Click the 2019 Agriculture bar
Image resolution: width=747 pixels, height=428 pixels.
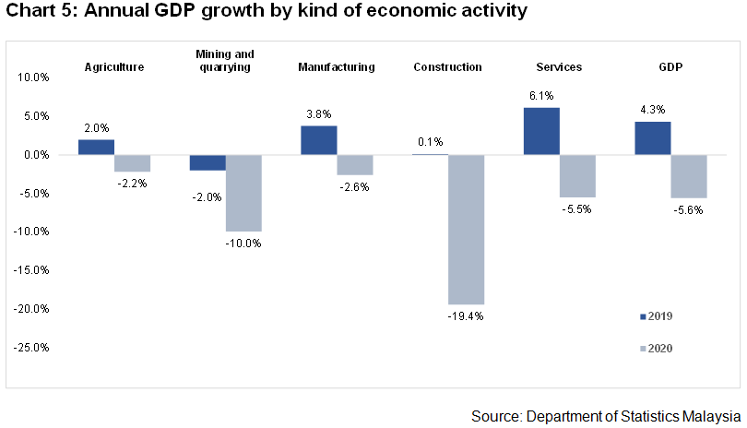click(x=96, y=147)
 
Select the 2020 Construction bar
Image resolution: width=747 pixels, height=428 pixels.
click(x=467, y=229)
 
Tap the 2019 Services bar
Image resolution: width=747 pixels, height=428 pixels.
click(x=541, y=131)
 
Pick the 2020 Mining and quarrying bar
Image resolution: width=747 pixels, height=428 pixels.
click(x=244, y=193)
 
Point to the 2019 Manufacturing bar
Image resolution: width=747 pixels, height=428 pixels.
click(x=318, y=140)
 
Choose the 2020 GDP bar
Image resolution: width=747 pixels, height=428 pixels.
click(x=689, y=176)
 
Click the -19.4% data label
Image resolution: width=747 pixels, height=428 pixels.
click(x=467, y=316)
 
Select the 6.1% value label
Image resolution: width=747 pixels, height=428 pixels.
click(x=540, y=94)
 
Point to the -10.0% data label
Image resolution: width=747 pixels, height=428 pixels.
click(x=245, y=244)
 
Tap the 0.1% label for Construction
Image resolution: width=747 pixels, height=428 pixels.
click(x=430, y=142)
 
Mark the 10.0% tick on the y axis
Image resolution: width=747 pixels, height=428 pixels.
click(x=34, y=77)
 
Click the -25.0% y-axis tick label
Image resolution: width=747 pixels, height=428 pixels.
click(x=32, y=347)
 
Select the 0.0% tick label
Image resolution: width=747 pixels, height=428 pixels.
click(x=36, y=155)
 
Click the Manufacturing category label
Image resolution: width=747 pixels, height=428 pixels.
click(x=337, y=67)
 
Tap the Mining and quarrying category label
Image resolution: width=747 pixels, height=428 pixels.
click(x=225, y=61)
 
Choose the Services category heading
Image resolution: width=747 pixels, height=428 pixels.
click(x=559, y=67)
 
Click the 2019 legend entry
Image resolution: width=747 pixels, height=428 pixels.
click(x=657, y=316)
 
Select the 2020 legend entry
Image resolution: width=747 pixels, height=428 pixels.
click(x=657, y=348)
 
